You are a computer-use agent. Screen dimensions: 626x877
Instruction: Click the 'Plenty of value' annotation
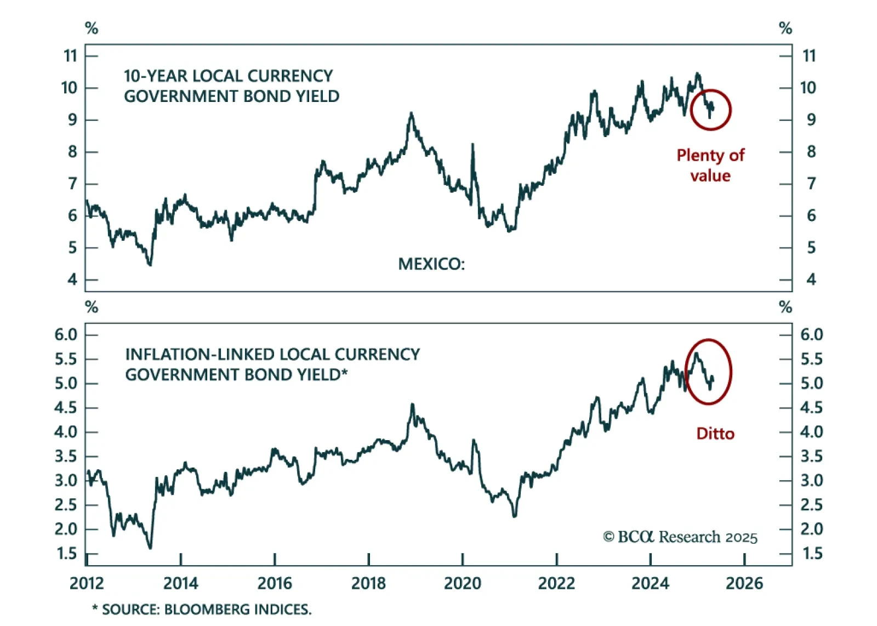pyautogui.click(x=710, y=165)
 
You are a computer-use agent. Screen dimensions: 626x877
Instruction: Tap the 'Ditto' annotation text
pyautogui.click(x=715, y=434)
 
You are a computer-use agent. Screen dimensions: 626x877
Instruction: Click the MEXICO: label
pyautogui.click(x=431, y=264)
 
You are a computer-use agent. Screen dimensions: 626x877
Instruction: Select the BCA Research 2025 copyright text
pyautogui.click(x=680, y=537)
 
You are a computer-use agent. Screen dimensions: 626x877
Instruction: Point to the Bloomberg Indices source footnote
pyautogui.click(x=201, y=610)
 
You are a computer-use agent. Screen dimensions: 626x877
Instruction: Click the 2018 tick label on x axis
pyautogui.click(x=368, y=583)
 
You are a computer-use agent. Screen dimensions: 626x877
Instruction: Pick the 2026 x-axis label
pyautogui.click(x=744, y=583)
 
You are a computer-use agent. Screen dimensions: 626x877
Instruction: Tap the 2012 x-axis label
pyautogui.click(x=87, y=583)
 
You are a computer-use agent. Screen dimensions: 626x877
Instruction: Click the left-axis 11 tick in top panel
pyautogui.click(x=70, y=56)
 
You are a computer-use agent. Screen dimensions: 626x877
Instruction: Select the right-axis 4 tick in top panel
pyautogui.click(x=811, y=280)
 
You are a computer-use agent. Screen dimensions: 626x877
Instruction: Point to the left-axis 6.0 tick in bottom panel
pyautogui.click(x=66, y=334)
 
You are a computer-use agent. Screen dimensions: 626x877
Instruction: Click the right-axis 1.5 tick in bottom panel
pyautogui.click(x=812, y=554)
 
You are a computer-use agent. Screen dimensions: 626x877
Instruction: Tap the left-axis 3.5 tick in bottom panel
pyautogui.click(x=66, y=456)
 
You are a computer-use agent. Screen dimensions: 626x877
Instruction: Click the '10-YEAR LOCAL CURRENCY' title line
pyautogui.click(x=228, y=76)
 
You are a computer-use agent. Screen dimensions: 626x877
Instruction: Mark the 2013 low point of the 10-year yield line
pyautogui.click(x=150, y=264)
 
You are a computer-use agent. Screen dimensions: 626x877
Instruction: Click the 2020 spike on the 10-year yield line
pyautogui.click(x=472, y=145)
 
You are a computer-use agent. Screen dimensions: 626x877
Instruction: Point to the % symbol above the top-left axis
pyautogui.click(x=92, y=28)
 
